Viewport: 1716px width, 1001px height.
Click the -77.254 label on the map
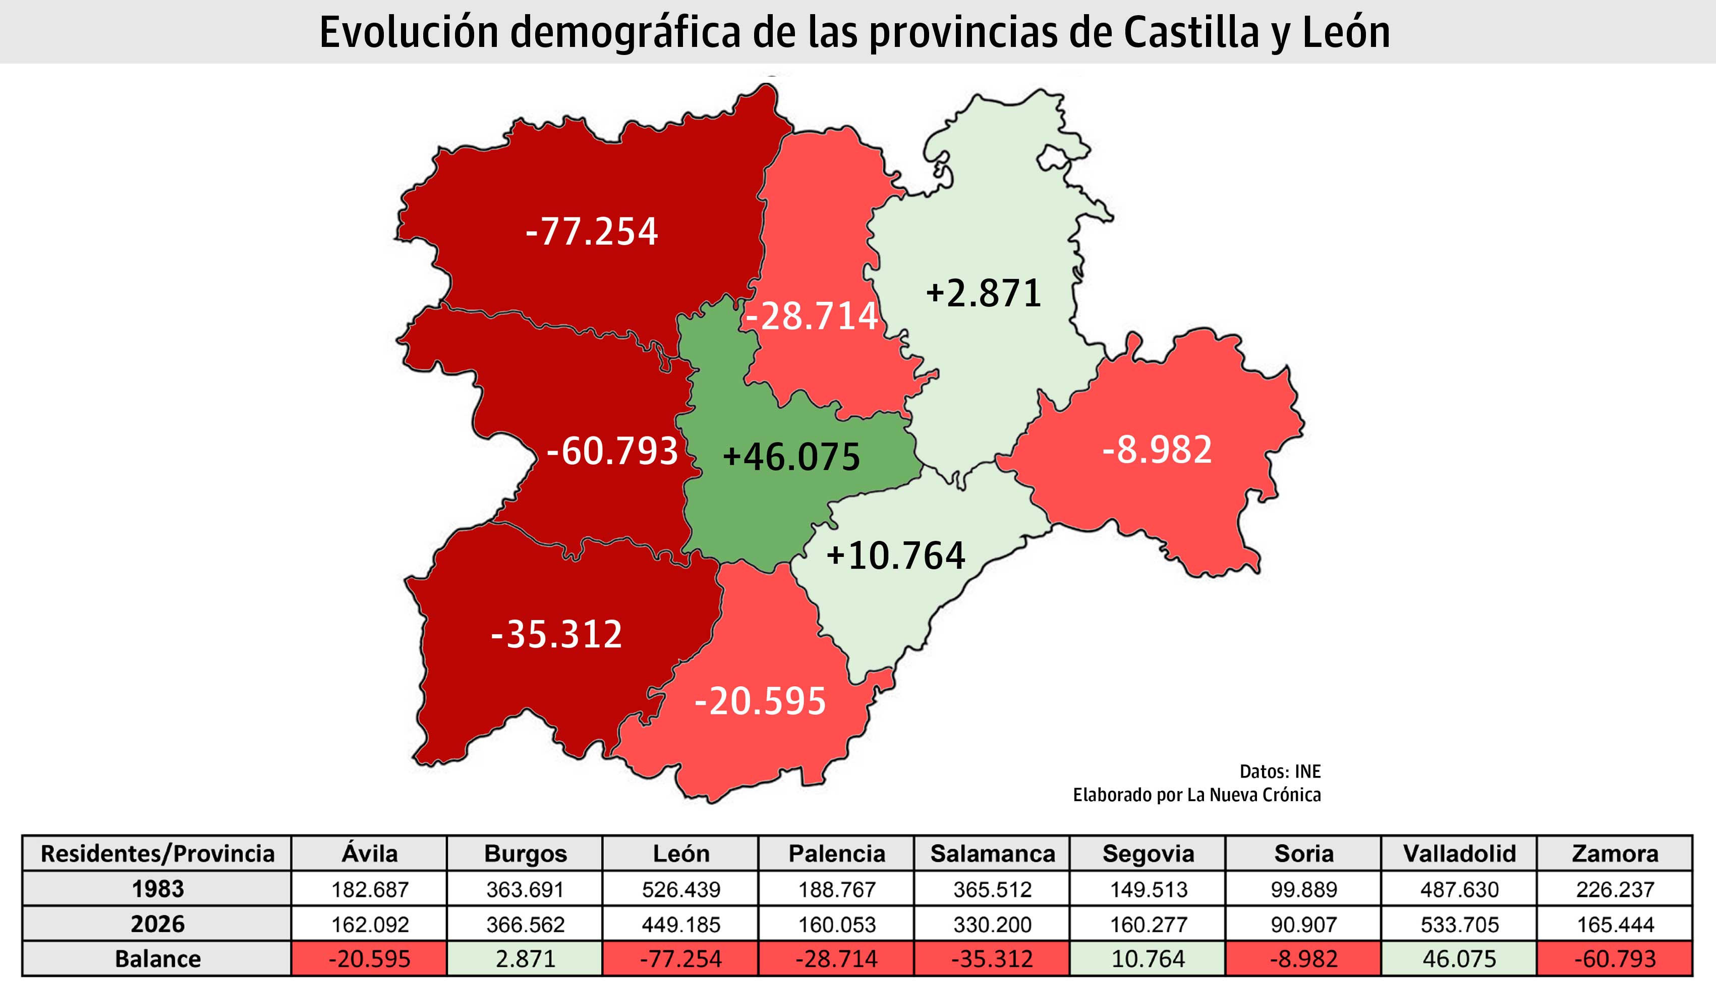click(592, 232)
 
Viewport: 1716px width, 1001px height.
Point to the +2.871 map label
click(983, 294)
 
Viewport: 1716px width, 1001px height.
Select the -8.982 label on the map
click(1157, 450)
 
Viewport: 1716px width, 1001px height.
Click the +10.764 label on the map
click(895, 555)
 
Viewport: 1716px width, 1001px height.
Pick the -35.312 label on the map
click(556, 634)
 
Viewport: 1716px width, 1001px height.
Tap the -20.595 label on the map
click(760, 701)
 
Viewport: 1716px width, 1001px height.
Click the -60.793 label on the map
click(612, 451)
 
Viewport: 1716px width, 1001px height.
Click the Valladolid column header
click(1459, 854)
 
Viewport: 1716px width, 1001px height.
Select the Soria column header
click(1303, 854)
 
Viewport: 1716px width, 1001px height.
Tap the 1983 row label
click(157, 888)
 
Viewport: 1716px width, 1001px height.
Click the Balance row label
click(157, 959)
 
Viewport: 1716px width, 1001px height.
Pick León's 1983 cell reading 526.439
click(681, 889)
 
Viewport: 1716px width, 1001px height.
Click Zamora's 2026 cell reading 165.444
click(1615, 924)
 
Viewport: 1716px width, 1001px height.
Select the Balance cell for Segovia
click(1148, 959)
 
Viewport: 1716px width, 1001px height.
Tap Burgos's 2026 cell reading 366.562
click(525, 924)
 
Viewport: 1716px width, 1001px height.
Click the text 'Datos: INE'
click(1280, 771)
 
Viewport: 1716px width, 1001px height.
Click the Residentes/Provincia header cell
click(157, 854)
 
